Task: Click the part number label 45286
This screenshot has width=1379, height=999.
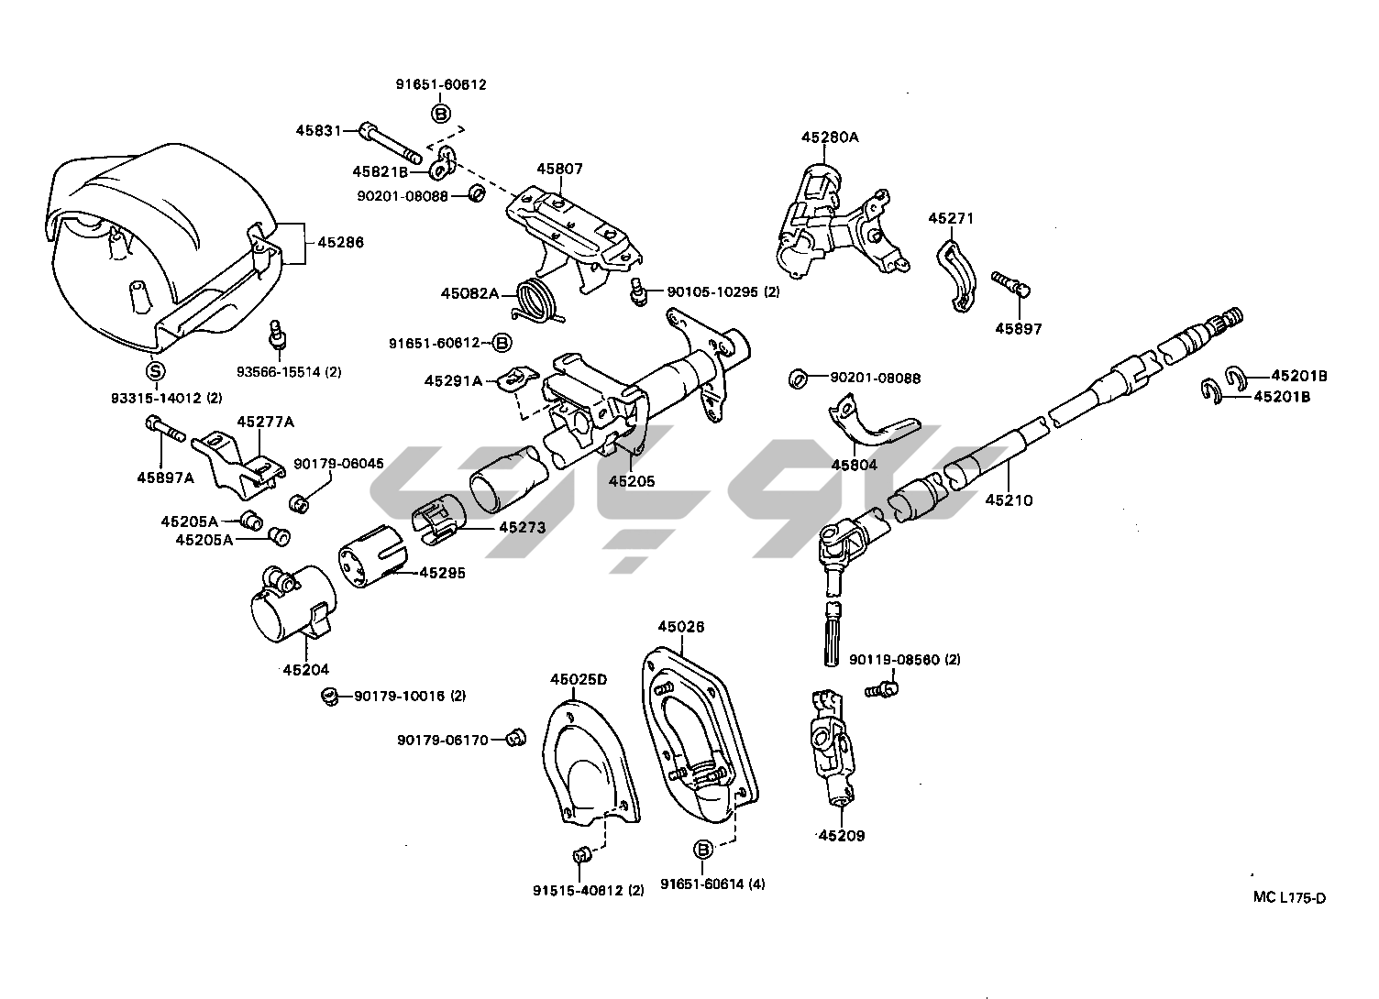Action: [340, 243]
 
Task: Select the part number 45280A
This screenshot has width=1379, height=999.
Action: [830, 137]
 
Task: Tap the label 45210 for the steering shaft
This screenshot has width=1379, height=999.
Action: [1009, 500]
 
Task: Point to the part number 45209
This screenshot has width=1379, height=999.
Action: [841, 836]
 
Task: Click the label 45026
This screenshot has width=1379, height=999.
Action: [681, 627]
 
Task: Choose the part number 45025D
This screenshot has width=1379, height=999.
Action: [579, 679]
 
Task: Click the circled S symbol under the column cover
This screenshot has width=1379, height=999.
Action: [156, 370]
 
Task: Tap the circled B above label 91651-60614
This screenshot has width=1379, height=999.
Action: [703, 850]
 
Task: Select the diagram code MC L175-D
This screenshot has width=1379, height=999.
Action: [1289, 897]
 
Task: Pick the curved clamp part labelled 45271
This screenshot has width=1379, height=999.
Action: [953, 277]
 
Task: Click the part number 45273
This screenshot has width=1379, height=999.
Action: [522, 528]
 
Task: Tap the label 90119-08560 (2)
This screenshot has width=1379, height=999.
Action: [904, 660]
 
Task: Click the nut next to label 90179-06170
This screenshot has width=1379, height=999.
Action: [517, 736]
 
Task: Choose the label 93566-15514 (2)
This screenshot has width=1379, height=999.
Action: [289, 371]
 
